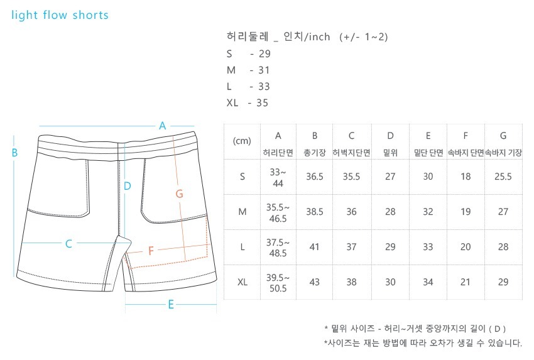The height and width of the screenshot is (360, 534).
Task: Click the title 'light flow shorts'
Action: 60,15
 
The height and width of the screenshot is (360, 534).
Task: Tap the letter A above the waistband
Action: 162,125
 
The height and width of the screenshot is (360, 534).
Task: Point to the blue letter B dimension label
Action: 14,152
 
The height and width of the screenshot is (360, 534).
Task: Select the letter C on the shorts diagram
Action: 69,244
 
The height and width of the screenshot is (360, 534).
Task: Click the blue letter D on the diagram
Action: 127,185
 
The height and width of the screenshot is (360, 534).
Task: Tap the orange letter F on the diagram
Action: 151,251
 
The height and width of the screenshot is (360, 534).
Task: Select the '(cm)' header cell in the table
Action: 242,141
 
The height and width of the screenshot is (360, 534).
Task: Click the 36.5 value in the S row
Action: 315,177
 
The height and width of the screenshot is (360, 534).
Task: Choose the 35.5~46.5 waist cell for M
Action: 278,212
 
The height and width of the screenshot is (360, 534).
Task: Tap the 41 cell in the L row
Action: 315,247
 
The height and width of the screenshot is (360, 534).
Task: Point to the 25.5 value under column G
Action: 503,177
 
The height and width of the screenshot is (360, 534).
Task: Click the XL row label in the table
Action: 242,282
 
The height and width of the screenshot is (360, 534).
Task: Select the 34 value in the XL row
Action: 428,282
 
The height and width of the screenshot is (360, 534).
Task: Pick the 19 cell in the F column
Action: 466,212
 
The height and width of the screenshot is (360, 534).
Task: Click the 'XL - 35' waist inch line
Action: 248,103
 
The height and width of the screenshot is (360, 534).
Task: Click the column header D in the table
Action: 390,135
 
